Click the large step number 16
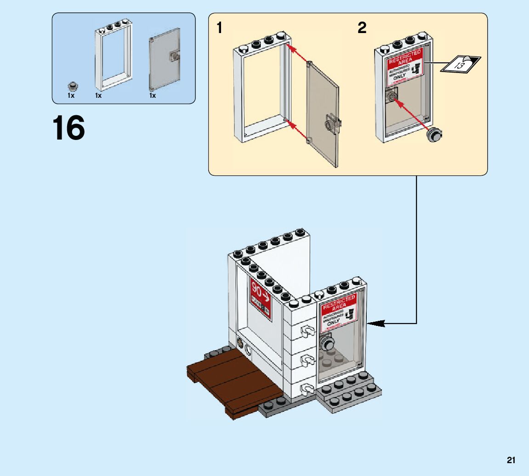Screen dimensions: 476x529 (68, 128)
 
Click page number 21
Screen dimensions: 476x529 (511, 460)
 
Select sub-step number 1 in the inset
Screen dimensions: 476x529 (220, 28)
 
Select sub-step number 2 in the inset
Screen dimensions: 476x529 (362, 28)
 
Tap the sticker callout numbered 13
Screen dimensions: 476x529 (460, 63)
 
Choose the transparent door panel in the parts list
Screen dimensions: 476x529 (165, 60)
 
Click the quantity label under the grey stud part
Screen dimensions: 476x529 (71, 96)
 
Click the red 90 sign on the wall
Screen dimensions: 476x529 (260, 296)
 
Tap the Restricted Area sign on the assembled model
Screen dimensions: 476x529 (339, 311)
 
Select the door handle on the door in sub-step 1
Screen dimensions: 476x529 (332, 124)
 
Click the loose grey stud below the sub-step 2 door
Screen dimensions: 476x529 (434, 134)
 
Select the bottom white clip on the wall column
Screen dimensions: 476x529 (305, 390)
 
